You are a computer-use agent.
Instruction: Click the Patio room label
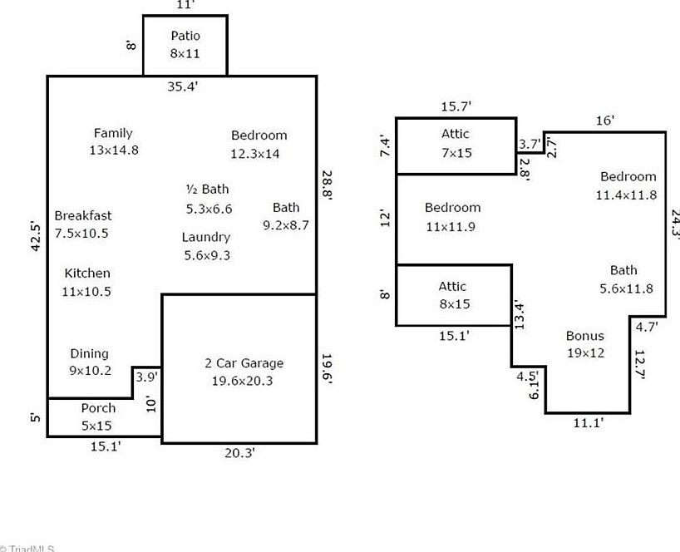(185, 36)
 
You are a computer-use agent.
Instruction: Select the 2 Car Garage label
(244, 363)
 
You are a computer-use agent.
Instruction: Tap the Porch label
(98, 408)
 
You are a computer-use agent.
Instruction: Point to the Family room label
(113, 133)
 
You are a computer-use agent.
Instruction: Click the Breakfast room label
(82, 216)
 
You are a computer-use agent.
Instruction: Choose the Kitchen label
(87, 274)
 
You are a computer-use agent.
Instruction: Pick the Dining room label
(89, 354)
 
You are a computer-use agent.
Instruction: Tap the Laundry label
(206, 238)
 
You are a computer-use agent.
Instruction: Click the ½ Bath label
(207, 190)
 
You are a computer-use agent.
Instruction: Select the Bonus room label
(585, 336)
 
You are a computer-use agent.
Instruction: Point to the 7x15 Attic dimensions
(455, 153)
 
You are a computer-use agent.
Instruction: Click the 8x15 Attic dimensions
(453, 304)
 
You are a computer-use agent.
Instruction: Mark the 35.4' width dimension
(182, 86)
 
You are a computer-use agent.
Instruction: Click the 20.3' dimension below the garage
(239, 453)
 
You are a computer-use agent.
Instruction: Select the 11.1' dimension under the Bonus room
(588, 422)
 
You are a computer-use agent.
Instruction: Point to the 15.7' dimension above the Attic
(456, 106)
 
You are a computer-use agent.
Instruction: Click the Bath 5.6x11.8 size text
(626, 289)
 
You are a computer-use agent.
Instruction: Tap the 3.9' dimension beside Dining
(146, 377)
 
